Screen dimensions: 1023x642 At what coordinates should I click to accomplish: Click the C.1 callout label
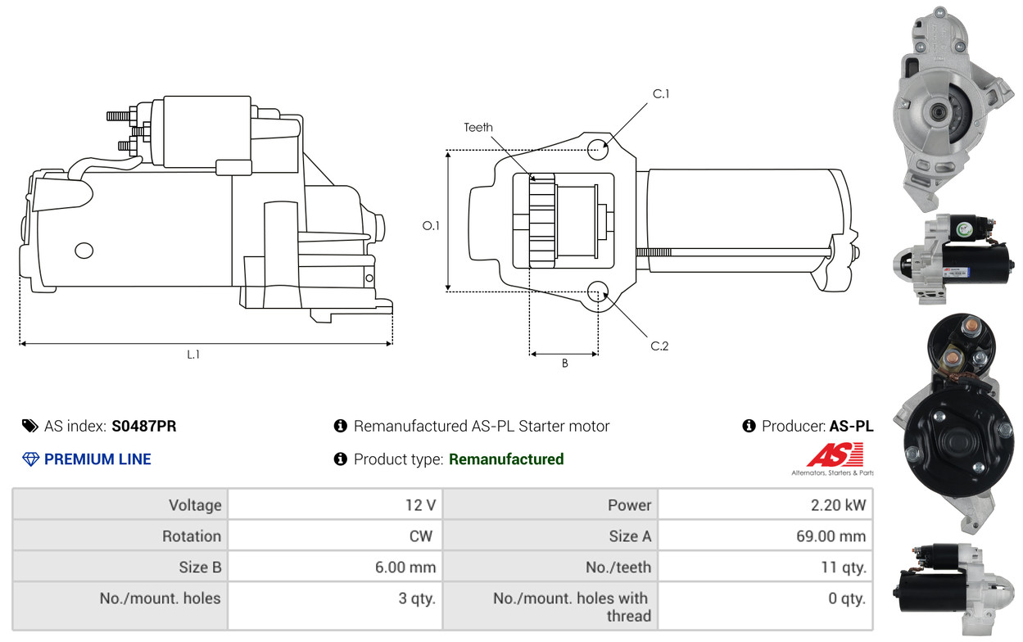click(661, 94)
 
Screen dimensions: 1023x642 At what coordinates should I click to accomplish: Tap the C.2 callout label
click(659, 346)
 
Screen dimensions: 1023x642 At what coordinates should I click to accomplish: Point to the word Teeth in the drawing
click(478, 128)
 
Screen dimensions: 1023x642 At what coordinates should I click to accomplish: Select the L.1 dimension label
click(193, 355)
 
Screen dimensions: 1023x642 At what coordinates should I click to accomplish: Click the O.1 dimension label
click(431, 225)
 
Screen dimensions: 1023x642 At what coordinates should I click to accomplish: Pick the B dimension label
click(565, 364)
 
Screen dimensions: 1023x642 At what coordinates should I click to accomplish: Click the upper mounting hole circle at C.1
click(597, 149)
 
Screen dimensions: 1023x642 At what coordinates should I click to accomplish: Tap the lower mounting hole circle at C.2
click(597, 292)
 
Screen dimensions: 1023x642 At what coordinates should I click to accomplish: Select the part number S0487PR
click(144, 426)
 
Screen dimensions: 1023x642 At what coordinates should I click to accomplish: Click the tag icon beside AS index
click(30, 426)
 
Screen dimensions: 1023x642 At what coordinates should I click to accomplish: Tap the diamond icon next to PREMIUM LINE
click(30, 459)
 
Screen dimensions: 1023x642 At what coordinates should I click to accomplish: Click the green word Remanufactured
click(506, 459)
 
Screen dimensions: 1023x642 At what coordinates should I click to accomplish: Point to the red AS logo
click(835, 454)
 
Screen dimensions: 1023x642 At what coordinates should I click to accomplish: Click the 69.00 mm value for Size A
click(831, 536)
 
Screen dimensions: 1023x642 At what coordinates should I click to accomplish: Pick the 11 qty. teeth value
click(844, 567)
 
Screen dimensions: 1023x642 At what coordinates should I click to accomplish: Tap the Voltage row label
click(195, 505)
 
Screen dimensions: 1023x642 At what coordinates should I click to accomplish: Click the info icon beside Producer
click(749, 426)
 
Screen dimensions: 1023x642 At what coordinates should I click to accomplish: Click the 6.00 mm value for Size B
click(405, 567)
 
